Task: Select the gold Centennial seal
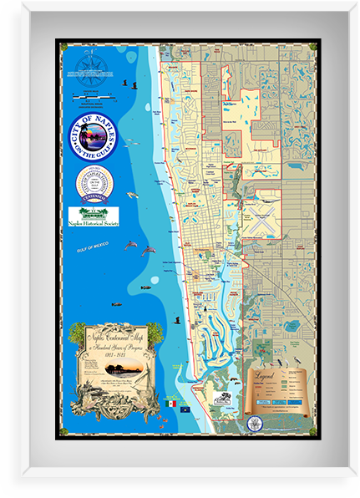click(x=94, y=183)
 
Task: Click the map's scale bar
click(x=93, y=101)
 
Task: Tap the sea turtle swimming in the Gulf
click(x=133, y=195)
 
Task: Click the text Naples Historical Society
click(x=94, y=223)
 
